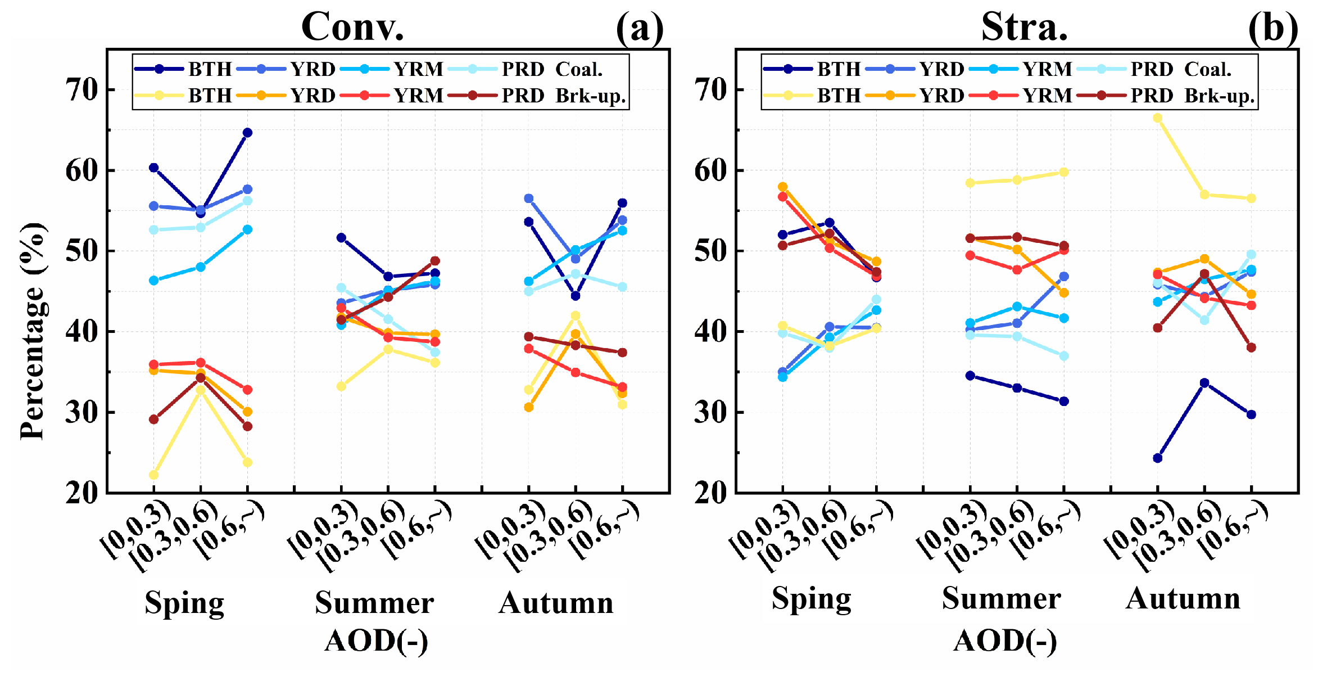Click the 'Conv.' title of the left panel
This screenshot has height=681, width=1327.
tap(352, 26)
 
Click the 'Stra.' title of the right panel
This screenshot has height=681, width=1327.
tap(1024, 26)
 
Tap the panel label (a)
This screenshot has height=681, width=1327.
tap(640, 28)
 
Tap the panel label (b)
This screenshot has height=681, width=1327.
tap(1273, 28)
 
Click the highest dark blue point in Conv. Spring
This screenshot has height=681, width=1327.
tap(247, 133)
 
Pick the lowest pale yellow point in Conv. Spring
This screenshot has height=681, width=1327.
tap(153, 475)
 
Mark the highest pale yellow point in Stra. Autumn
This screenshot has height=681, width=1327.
tap(1157, 118)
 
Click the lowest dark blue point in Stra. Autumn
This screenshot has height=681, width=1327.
tap(1157, 458)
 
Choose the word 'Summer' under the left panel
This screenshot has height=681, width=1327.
tap(374, 603)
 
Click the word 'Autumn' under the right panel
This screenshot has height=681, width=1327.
tap(1183, 598)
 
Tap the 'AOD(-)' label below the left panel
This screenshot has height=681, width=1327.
tap(376, 641)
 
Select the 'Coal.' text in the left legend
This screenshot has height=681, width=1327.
tap(579, 69)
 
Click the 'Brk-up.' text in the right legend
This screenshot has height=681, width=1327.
tap(1220, 96)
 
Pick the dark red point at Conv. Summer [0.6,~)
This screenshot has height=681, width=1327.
tap(434, 261)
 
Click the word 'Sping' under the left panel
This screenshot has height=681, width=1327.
tap(184, 603)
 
